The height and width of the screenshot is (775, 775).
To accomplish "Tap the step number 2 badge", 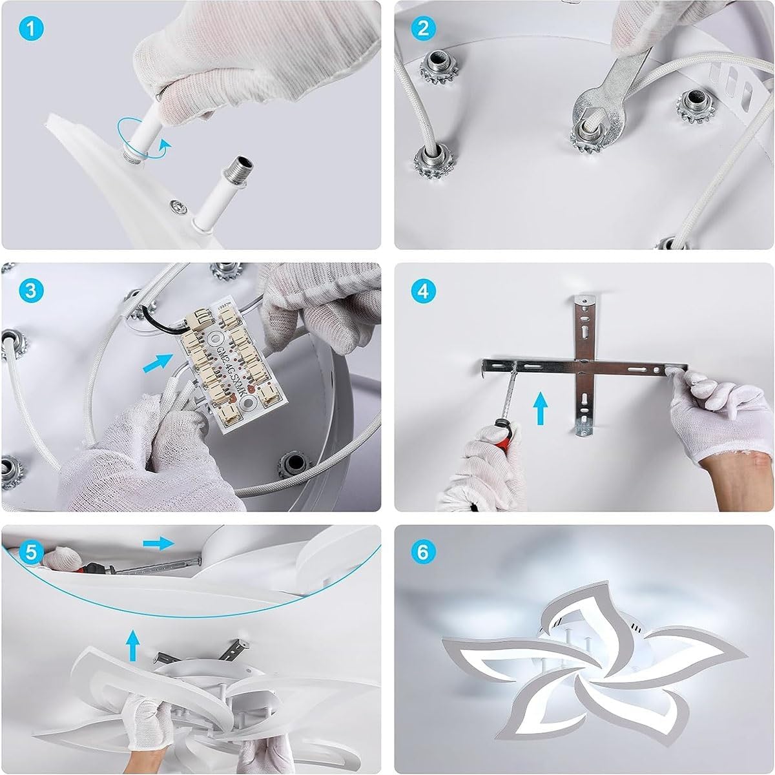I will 424,28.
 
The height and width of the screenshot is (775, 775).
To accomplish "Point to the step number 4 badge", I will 424,290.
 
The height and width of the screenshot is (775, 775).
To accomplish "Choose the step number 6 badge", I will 424,552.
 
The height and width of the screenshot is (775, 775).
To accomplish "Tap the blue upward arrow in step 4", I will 540,409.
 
